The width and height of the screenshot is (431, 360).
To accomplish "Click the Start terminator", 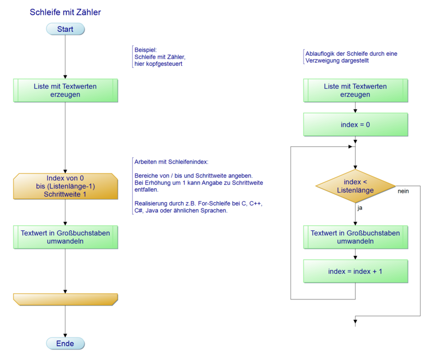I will coord(65,29).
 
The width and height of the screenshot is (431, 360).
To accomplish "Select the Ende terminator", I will coord(65,343).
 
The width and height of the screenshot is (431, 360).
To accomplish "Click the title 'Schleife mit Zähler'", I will coord(65,12).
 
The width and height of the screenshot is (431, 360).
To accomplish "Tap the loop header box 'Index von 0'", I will coord(65,186).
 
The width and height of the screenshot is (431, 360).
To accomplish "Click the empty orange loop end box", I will coord(65,299).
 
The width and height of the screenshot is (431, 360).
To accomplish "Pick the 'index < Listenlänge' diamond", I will coord(355,186).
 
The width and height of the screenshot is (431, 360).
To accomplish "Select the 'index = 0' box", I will coord(355,125).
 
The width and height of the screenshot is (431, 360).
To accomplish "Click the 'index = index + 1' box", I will coord(355,271).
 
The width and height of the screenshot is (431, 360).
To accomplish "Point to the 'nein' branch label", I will coord(403,191).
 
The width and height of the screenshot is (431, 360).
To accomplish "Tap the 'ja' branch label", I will coord(360,208).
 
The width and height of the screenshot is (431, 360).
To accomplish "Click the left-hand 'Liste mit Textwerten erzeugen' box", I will coord(65,90).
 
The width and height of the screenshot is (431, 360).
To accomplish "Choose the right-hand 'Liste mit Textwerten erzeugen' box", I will coord(355,90).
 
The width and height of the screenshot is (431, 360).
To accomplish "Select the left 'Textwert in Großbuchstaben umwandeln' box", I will coord(65,237).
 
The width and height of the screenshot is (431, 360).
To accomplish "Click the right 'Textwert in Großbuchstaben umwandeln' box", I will coord(355,237).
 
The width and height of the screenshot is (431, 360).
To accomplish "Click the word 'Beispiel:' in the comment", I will coord(146,50).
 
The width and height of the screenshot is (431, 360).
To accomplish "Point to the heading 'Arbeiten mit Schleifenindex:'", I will coord(171,162).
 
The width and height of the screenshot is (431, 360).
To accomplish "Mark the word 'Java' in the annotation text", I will coord(153,211).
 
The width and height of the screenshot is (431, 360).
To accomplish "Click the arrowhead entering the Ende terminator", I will coord(65,335).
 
